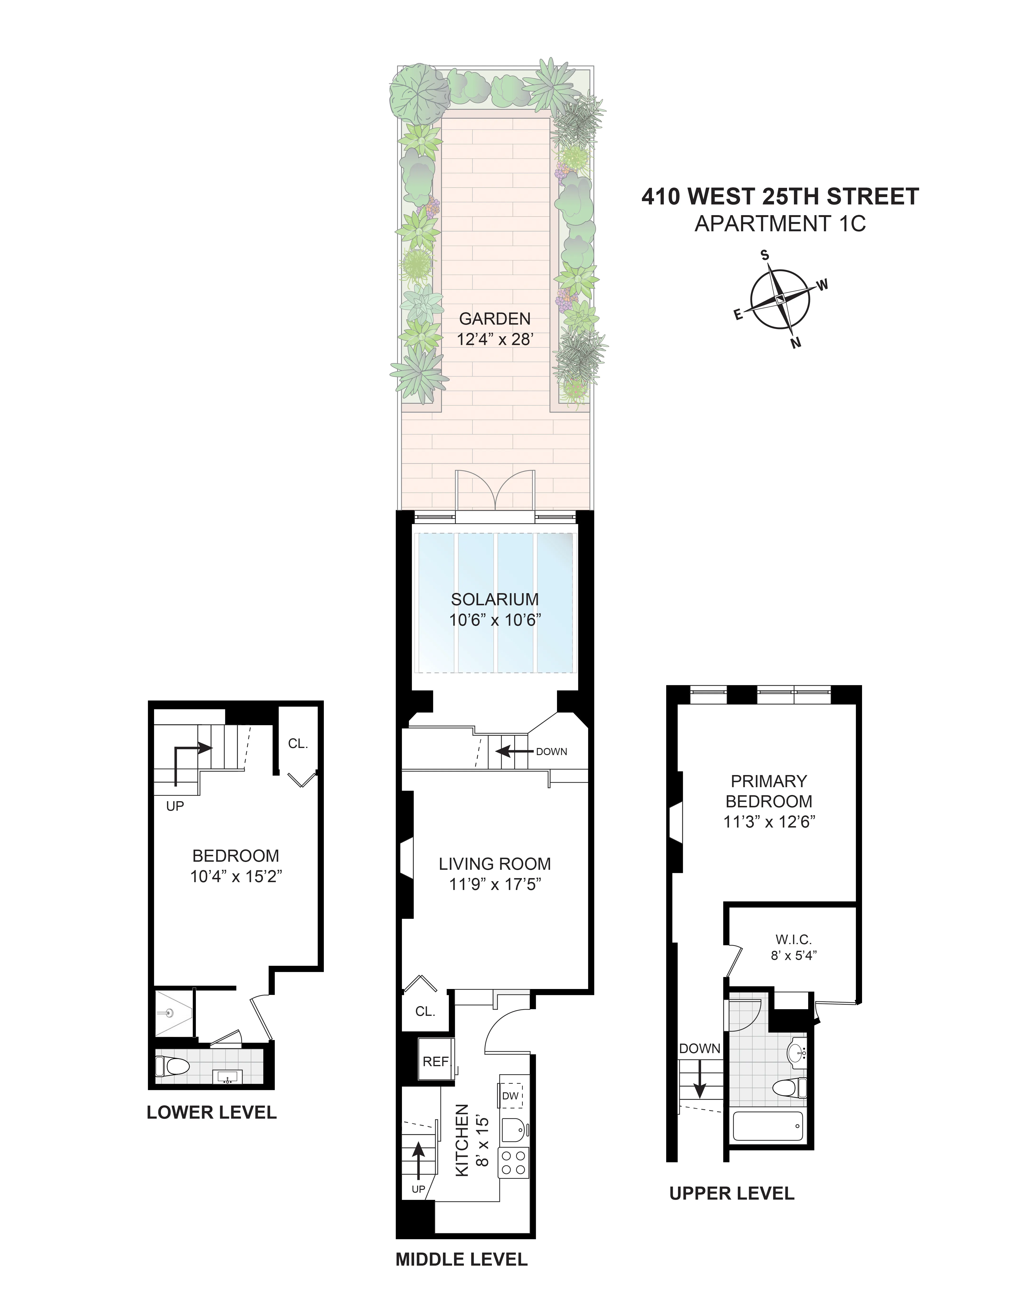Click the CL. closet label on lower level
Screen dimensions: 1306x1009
click(x=298, y=744)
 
